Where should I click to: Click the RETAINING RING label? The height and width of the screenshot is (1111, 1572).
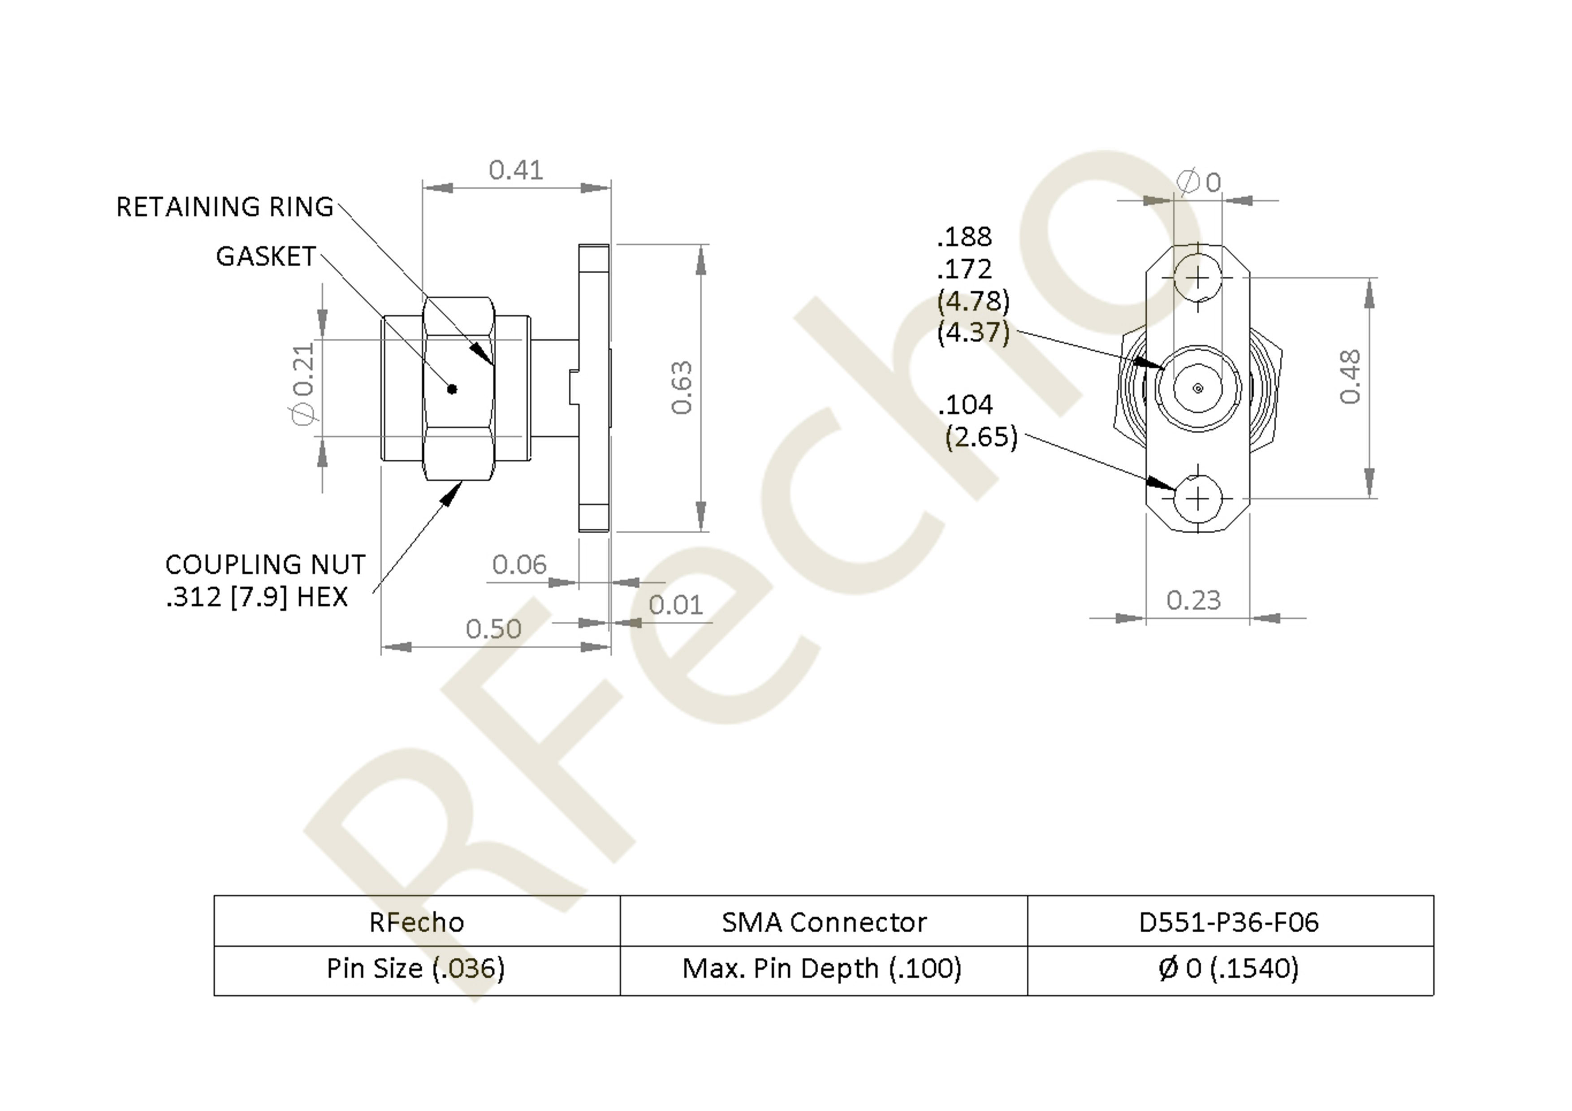pyautogui.click(x=225, y=207)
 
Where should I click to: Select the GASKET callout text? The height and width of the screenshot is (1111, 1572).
pyautogui.click(x=266, y=257)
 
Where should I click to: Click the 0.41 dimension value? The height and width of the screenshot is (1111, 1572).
pyautogui.click(x=515, y=170)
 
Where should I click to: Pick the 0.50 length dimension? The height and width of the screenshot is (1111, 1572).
pyautogui.click(x=493, y=629)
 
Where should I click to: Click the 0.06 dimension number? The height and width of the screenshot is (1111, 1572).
pyautogui.click(x=519, y=565)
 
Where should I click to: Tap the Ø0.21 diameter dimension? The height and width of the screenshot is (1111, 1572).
pyautogui.click(x=303, y=384)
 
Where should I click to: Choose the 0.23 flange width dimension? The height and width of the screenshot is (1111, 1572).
pyautogui.click(x=1193, y=600)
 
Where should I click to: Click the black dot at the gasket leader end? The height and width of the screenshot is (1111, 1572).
pyautogui.click(x=452, y=389)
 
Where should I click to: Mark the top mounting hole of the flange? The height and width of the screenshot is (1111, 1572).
pyautogui.click(x=1197, y=277)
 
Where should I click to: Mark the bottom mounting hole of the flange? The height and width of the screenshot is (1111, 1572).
pyautogui.click(x=1197, y=498)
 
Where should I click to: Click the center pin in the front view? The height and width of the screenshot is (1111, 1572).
pyautogui.click(x=1197, y=388)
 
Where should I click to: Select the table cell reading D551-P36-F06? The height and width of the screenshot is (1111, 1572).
pyautogui.click(x=1230, y=922)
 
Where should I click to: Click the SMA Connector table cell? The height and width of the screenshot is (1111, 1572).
pyautogui.click(x=824, y=922)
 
